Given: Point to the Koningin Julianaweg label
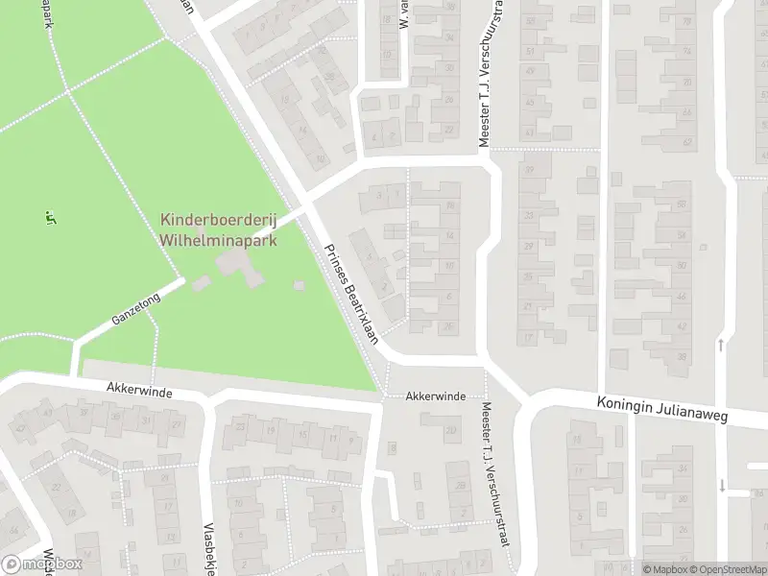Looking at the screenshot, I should click(661, 412).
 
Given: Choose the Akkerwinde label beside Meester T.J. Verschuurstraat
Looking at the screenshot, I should click(435, 396).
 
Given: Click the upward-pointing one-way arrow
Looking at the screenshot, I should click(721, 345).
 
